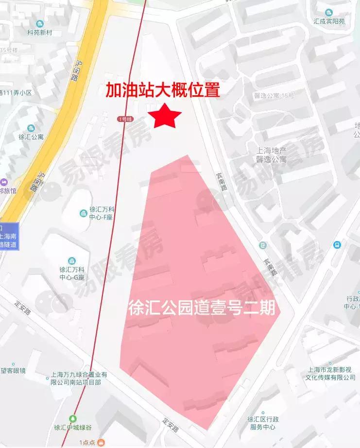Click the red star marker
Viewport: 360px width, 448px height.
click(164, 116)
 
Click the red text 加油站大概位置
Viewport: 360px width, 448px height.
click(163, 90)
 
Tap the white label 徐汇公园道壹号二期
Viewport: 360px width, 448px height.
click(202, 308)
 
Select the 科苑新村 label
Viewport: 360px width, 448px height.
click(39, 33)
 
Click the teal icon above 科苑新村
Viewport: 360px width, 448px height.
click(39, 23)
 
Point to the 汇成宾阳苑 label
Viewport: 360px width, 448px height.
click(329, 21)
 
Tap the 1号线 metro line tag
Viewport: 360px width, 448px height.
click(124, 119)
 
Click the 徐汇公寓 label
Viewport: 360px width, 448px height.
click(31, 137)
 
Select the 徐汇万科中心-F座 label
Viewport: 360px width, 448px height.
click(101, 213)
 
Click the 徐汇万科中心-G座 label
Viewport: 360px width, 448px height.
click(72, 274)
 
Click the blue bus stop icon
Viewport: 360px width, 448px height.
click(337, 245)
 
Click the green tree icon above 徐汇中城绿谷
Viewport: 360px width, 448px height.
click(72, 418)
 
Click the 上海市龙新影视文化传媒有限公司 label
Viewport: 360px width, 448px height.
click(330, 373)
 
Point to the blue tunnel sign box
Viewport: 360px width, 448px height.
click(9, 237)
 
